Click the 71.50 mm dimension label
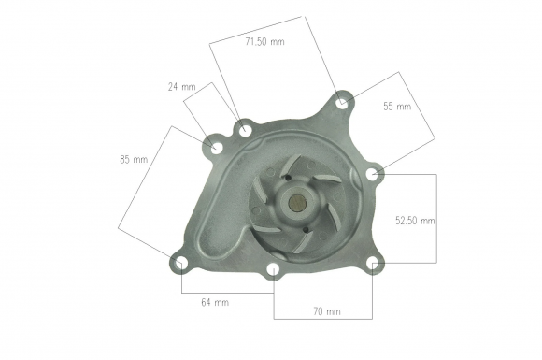coord(264,42)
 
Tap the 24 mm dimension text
coord(182,87)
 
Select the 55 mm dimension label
coord(397,107)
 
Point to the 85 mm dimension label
coord(134,159)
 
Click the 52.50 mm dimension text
coord(415,221)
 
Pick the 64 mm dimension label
coord(215,302)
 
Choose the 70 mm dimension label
coord(327,311)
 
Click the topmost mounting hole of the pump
coord(342,102)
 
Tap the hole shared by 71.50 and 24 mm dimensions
coord(245,129)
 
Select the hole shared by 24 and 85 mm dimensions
coord(216,148)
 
